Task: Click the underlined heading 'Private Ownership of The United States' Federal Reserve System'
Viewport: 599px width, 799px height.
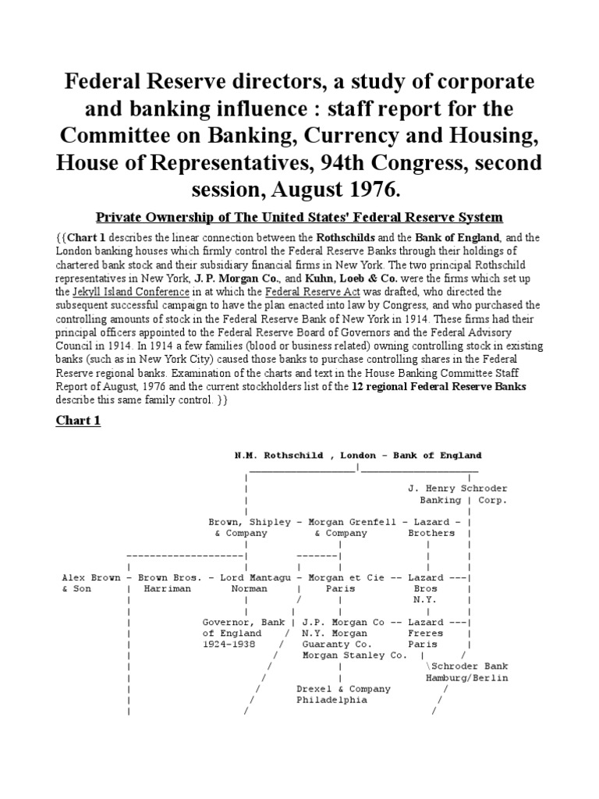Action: click(x=299, y=216)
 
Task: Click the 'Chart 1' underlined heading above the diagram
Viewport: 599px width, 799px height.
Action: click(x=78, y=421)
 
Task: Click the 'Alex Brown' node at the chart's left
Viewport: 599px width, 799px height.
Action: click(x=91, y=577)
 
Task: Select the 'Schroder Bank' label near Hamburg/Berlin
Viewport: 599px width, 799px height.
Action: click(x=468, y=667)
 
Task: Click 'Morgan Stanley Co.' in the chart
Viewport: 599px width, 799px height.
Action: click(x=354, y=656)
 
